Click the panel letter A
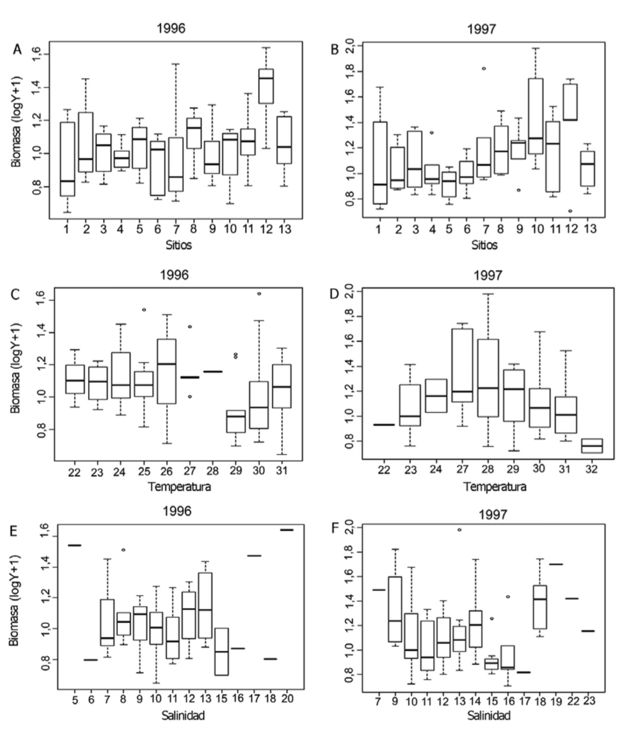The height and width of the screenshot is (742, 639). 17,49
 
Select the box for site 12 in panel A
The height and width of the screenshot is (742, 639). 266,86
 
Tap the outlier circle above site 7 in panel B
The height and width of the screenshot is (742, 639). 484,68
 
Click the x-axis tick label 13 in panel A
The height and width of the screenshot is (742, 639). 285,229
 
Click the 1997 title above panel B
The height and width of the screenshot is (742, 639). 482,29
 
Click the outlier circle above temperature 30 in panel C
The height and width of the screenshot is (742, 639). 259,294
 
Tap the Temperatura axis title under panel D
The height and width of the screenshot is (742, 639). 495,487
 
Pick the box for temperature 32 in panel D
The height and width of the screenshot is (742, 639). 591,446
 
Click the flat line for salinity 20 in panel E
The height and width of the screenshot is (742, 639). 287,529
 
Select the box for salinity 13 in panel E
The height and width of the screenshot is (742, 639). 204,605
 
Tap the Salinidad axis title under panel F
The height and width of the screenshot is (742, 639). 489,716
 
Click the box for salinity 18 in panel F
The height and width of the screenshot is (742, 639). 540,607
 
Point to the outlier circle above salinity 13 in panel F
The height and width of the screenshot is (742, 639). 459,530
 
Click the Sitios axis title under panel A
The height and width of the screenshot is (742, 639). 179,245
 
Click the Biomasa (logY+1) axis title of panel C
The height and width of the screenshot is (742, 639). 16,368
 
